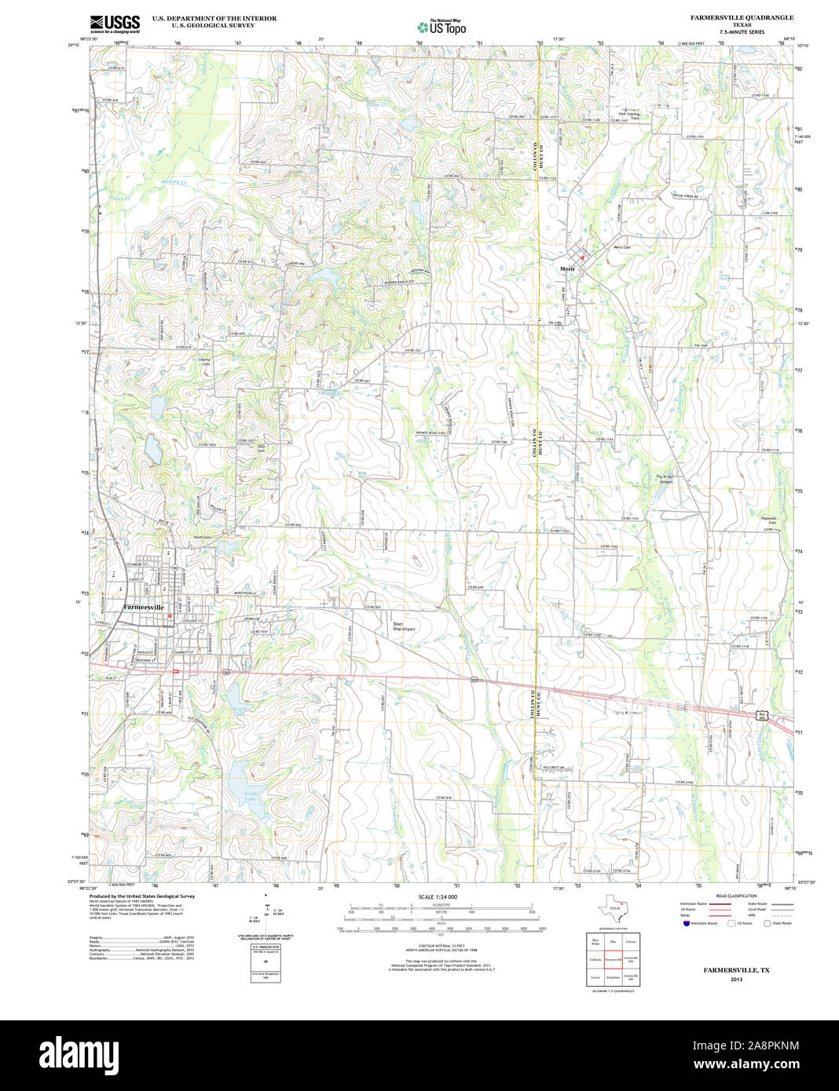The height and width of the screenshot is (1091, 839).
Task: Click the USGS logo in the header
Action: pyautogui.click(x=115, y=24)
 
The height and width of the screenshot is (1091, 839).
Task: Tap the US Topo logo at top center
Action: pyautogui.click(x=441, y=27)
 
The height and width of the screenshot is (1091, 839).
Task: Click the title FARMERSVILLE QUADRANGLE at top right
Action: pyautogui.click(x=742, y=17)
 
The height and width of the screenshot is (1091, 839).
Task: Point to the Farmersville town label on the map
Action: pyautogui.click(x=144, y=608)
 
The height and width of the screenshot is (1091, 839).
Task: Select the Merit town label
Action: pyautogui.click(x=567, y=269)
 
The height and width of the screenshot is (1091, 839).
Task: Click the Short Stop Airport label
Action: pyautogui.click(x=404, y=626)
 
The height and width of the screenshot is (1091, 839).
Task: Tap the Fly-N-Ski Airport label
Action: pyautogui.click(x=665, y=479)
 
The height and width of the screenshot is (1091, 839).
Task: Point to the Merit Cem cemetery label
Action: pyautogui.click(x=622, y=247)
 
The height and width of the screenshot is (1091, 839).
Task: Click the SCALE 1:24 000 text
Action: pyautogui.click(x=438, y=896)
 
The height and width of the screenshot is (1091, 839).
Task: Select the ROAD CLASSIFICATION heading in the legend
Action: pyautogui.click(x=736, y=896)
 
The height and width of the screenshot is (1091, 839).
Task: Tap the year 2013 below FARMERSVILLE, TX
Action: pyautogui.click(x=736, y=980)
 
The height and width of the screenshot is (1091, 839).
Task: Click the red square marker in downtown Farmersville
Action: pyautogui.click(x=169, y=616)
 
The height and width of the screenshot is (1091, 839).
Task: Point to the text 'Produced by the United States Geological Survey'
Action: pyautogui.click(x=141, y=896)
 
